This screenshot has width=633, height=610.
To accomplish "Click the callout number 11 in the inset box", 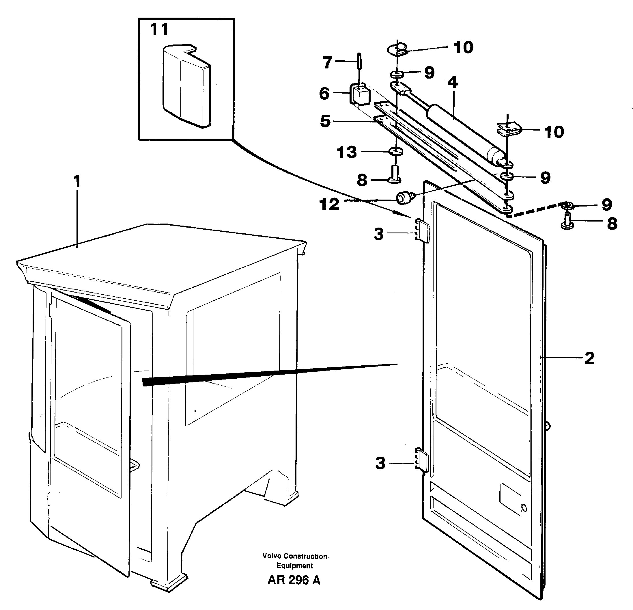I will click(159, 30).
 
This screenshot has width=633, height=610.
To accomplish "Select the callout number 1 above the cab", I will click(76, 182).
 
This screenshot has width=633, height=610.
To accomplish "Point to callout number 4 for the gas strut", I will click(453, 83).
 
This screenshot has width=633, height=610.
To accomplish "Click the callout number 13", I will click(347, 152).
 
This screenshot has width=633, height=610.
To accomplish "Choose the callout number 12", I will click(329, 204).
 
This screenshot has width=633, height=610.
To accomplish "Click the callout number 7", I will click(328, 62).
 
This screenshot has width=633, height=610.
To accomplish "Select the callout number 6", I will click(324, 94).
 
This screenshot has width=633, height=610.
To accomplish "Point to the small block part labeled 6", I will click(359, 94).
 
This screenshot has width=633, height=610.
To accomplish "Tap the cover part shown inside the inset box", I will click(186, 85).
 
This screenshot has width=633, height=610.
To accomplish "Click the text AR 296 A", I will click(294, 589).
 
